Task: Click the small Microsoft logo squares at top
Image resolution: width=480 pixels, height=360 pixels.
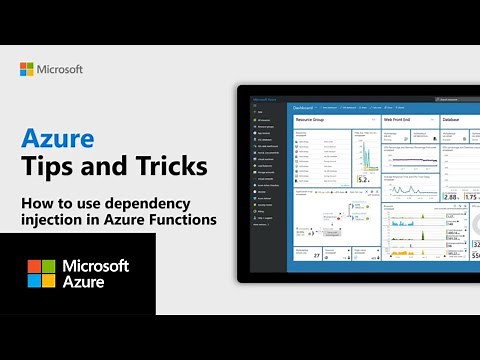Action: [27, 69]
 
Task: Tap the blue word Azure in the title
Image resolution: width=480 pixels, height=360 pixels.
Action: [53, 136]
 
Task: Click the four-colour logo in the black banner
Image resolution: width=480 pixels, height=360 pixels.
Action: [41, 274]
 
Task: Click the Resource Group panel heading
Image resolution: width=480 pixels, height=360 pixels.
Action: [313, 118]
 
